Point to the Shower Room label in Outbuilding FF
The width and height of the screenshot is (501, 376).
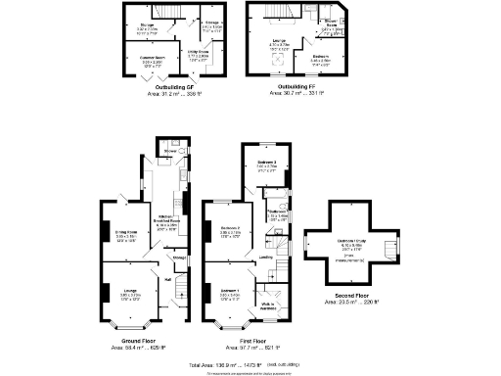point(332,24)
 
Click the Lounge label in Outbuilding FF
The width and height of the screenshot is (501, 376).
point(277,40)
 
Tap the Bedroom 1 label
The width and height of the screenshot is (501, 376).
point(231,291)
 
